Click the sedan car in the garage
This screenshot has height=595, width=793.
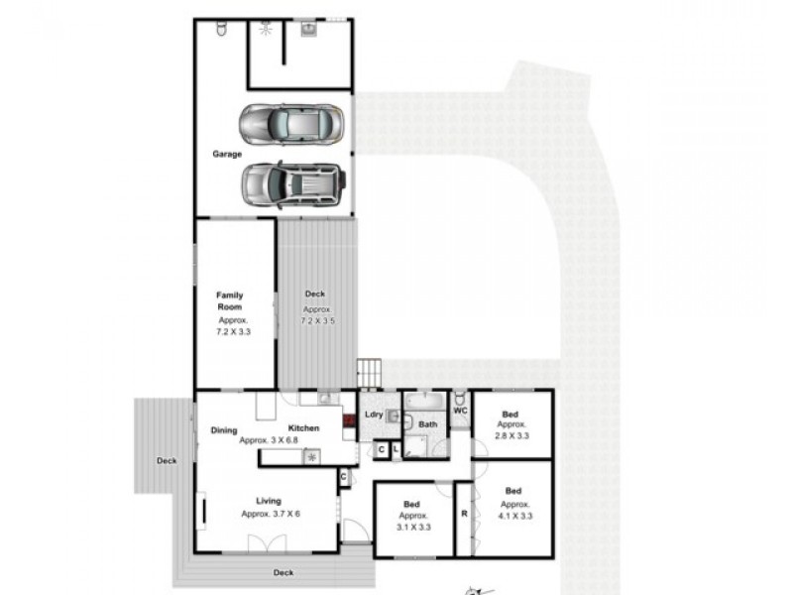(x=290, y=124)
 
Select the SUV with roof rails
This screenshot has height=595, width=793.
(x=293, y=183)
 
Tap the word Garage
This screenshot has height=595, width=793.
(x=227, y=154)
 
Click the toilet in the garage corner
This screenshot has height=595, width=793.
(x=220, y=32)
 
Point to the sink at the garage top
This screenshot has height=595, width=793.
(x=307, y=30)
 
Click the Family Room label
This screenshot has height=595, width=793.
(x=230, y=300)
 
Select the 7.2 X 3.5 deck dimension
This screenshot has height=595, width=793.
(x=315, y=322)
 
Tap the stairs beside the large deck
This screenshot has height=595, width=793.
(x=369, y=372)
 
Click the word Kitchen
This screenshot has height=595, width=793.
(x=304, y=427)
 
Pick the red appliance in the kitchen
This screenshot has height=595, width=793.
(x=348, y=419)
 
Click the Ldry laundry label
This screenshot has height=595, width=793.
(x=374, y=415)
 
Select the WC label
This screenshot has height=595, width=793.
(x=460, y=410)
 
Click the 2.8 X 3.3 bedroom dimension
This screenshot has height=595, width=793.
(x=511, y=434)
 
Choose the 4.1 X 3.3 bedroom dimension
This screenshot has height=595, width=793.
(x=512, y=516)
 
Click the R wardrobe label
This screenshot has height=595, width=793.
(x=464, y=514)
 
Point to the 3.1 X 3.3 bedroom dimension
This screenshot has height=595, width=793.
(x=412, y=528)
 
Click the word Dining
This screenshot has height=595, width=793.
(x=224, y=429)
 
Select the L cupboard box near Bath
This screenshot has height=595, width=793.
(x=396, y=450)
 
